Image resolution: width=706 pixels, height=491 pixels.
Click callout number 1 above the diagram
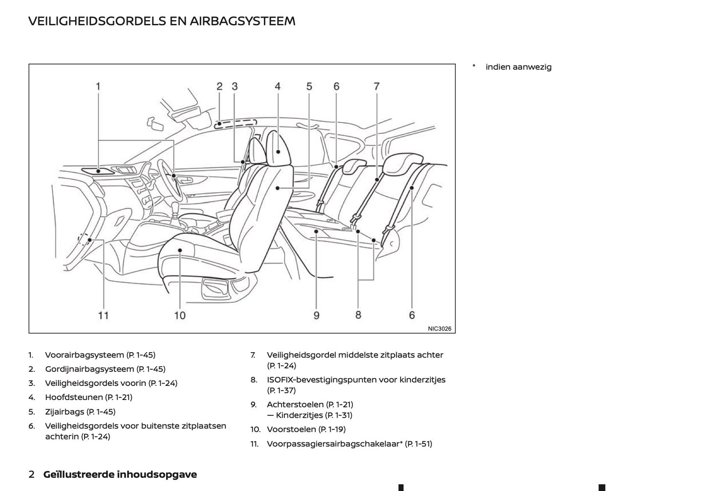coord(98,87)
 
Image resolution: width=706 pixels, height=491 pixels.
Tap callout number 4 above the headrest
coord(278,87)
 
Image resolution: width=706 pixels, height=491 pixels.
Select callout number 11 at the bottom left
coord(103,315)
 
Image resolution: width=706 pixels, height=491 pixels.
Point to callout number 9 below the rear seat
coord(316,315)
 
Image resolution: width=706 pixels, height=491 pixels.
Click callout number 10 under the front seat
coord(180,315)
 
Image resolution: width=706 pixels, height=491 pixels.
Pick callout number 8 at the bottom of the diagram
coord(358,315)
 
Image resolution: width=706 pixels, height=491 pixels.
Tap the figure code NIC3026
coord(439,329)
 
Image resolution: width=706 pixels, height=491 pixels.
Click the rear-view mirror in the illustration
coord(158,124)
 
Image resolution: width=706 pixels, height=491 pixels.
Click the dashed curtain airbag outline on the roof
coord(235,123)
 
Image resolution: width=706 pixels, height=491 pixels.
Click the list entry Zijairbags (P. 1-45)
coord(80,412)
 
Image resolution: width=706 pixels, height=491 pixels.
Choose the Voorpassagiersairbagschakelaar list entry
coord(349,444)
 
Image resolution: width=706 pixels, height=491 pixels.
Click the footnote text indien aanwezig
coord(518,67)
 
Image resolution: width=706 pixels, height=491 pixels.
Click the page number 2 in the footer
coord(31,474)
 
